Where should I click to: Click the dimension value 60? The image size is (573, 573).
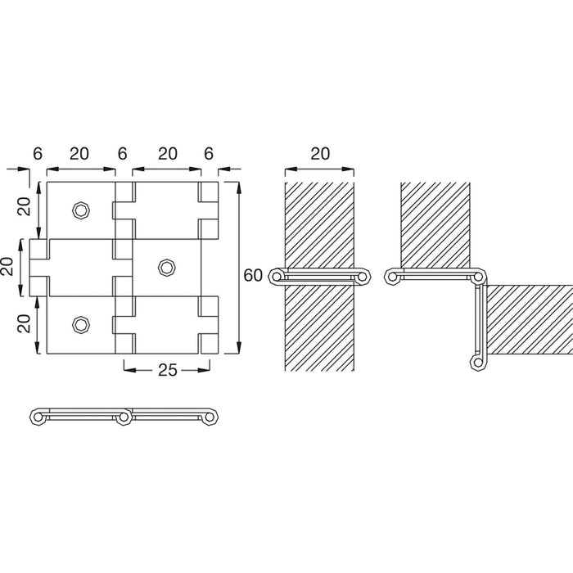[x=253, y=275]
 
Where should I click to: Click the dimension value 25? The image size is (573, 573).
[x=167, y=370]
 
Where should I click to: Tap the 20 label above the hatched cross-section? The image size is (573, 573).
[x=320, y=154]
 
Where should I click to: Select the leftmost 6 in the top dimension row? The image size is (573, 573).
[x=38, y=154]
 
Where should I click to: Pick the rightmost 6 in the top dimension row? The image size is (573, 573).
[x=208, y=154]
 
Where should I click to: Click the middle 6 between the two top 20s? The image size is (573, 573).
[x=122, y=154]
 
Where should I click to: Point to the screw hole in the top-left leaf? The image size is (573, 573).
[x=81, y=210]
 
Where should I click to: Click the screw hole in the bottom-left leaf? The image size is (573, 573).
[x=81, y=325]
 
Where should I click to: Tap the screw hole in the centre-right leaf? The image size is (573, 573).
[x=167, y=268]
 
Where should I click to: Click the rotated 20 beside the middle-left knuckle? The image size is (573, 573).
[x=7, y=266]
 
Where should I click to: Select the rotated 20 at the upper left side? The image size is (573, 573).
[x=24, y=206]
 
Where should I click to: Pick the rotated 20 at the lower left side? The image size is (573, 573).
[x=24, y=324]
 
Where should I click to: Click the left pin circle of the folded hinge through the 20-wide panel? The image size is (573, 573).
[x=277, y=277]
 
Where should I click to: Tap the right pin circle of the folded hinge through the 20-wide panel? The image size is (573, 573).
[x=363, y=277]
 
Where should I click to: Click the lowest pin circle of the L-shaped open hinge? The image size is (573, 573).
[x=477, y=363]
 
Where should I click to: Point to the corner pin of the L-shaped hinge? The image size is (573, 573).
[x=477, y=277]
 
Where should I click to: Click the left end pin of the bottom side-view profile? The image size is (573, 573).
[x=38, y=417]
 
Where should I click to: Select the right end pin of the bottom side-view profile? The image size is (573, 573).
[x=210, y=417]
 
